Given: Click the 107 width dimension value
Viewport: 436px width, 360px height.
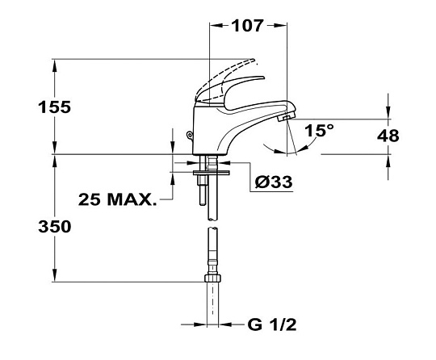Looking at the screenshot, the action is (247, 26).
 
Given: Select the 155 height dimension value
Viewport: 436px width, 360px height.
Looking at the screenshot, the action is (55, 107).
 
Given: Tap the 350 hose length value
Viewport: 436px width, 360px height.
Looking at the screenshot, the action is (55, 226).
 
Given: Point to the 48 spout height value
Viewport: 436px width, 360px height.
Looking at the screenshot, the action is (388, 136).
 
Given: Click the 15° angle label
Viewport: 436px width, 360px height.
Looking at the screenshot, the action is (319, 131).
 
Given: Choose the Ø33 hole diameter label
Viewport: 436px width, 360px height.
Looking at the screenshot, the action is (274, 182).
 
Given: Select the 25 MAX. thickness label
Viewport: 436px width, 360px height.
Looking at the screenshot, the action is (117, 199).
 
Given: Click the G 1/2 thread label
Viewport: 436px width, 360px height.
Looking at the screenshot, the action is (272, 324).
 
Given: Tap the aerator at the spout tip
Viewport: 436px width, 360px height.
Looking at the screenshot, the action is (284, 118).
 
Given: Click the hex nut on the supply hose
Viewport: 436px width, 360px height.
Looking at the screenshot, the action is (212, 278).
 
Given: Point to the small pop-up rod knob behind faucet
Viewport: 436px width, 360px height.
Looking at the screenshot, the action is (190, 136).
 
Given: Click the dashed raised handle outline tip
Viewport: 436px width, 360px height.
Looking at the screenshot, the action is (252, 61).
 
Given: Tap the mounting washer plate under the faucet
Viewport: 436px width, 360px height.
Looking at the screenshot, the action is (212, 173).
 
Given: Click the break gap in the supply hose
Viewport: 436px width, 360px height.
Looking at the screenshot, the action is (213, 224).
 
